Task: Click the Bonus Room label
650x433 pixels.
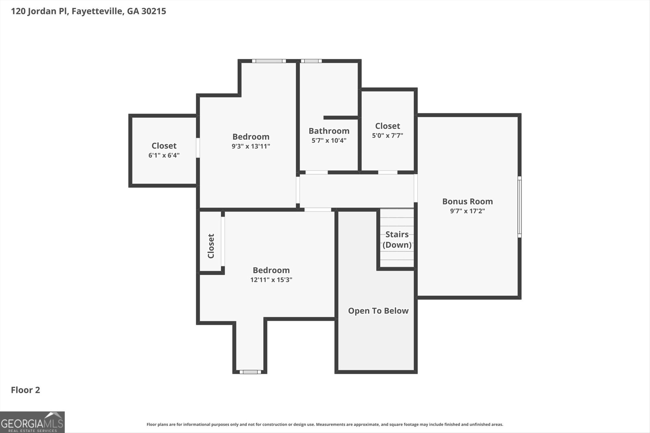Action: click(467, 201)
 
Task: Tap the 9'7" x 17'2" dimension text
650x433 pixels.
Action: click(467, 211)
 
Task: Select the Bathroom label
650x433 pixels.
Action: click(329, 131)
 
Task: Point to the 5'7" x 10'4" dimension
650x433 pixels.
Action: click(329, 140)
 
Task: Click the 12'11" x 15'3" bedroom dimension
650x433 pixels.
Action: click(271, 279)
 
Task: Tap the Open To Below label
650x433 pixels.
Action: click(378, 311)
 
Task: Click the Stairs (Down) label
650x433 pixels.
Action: click(397, 239)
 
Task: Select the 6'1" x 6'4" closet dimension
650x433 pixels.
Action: click(164, 155)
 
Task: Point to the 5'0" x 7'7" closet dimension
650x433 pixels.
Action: click(388, 135)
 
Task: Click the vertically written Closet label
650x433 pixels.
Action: click(211, 246)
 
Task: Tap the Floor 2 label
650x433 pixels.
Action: click(25, 390)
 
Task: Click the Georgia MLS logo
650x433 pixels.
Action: click(32, 422)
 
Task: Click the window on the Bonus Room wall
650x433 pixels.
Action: click(520, 207)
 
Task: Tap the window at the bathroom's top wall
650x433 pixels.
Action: click(311, 61)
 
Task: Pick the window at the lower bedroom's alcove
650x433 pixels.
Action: click(250, 372)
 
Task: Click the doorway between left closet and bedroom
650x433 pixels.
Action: click(198, 148)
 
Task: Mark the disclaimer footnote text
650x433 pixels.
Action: click(325, 424)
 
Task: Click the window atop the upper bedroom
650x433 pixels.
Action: click(269, 61)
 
